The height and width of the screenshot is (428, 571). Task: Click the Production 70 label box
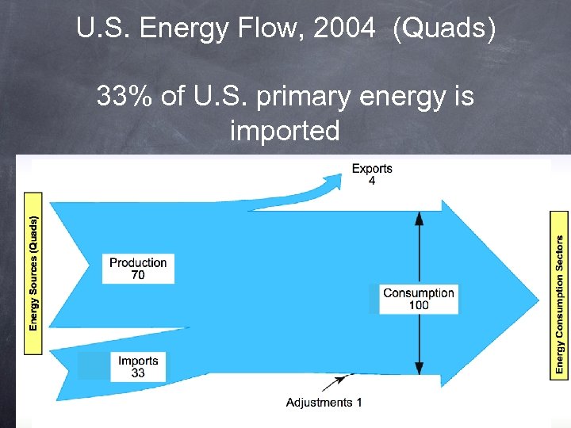point(138,269)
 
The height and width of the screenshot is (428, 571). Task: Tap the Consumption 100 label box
point(418,299)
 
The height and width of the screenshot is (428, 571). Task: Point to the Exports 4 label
point(371,174)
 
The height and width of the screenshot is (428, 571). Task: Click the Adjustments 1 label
point(324,403)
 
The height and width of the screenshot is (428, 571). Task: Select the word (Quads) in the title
point(448,30)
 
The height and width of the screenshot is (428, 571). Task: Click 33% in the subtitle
point(121,97)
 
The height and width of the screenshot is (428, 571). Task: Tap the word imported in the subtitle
point(285,130)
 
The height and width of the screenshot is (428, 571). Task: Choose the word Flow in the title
point(273,30)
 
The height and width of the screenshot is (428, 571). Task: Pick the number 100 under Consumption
point(418,305)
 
